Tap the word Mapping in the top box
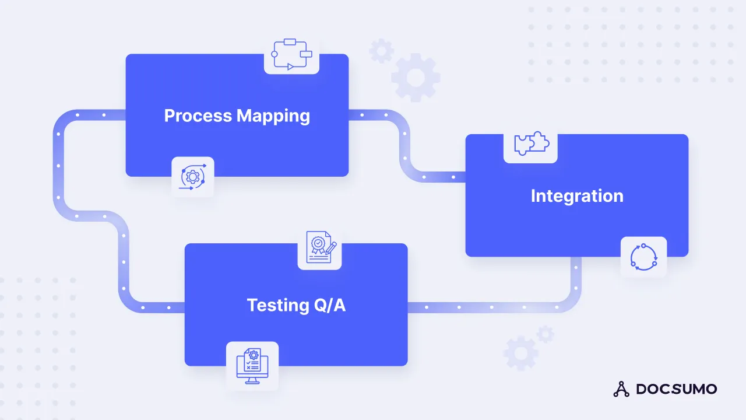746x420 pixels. (273, 116)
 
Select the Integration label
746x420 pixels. (577, 196)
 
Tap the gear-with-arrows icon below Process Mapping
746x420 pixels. (193, 177)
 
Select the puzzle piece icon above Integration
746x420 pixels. (530, 143)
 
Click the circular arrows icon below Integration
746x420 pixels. (643, 257)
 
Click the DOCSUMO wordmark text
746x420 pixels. (676, 389)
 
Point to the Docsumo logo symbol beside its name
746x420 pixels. (621, 389)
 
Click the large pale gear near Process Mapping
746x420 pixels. (416, 77)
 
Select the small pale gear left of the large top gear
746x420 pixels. (381, 51)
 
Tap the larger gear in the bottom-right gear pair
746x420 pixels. (520, 353)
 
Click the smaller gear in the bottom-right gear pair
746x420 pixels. (546, 334)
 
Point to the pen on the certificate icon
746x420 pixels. (331, 247)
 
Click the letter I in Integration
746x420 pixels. (534, 196)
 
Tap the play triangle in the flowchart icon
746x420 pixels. (290, 67)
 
